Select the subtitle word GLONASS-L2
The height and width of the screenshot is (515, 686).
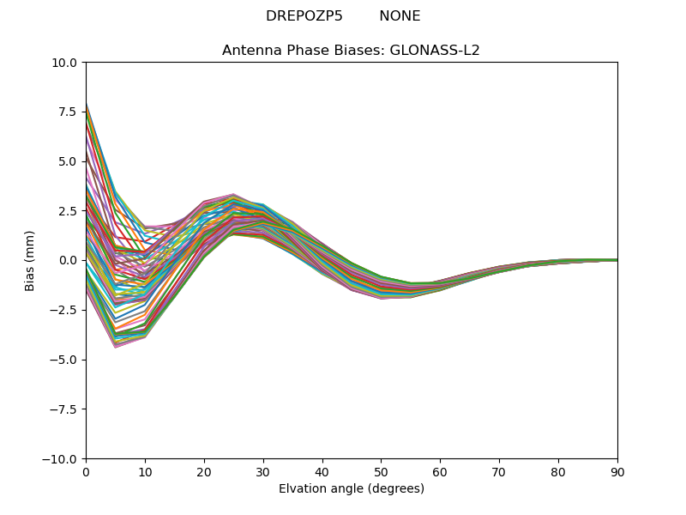tap(435, 51)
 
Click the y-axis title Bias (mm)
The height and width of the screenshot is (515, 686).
tap(30, 260)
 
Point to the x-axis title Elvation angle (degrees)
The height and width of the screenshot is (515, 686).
tap(352, 489)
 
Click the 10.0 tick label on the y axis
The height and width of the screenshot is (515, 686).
tap(67, 63)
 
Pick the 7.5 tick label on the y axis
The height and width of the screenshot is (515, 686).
tap(70, 112)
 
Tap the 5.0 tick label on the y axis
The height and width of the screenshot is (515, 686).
tap(70, 161)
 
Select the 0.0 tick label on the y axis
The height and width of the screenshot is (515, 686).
tap(70, 260)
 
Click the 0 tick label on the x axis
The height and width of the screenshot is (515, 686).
tap(86, 471)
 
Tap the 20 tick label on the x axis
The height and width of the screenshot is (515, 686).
tap(204, 471)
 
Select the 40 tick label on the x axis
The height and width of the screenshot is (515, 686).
tap(322, 471)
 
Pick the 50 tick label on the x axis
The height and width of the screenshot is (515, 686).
tap(381, 471)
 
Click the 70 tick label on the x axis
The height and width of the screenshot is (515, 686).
tap(499, 471)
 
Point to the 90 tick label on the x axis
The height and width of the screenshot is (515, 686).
tap(617, 471)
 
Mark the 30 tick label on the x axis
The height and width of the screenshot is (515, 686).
tap(263, 471)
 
